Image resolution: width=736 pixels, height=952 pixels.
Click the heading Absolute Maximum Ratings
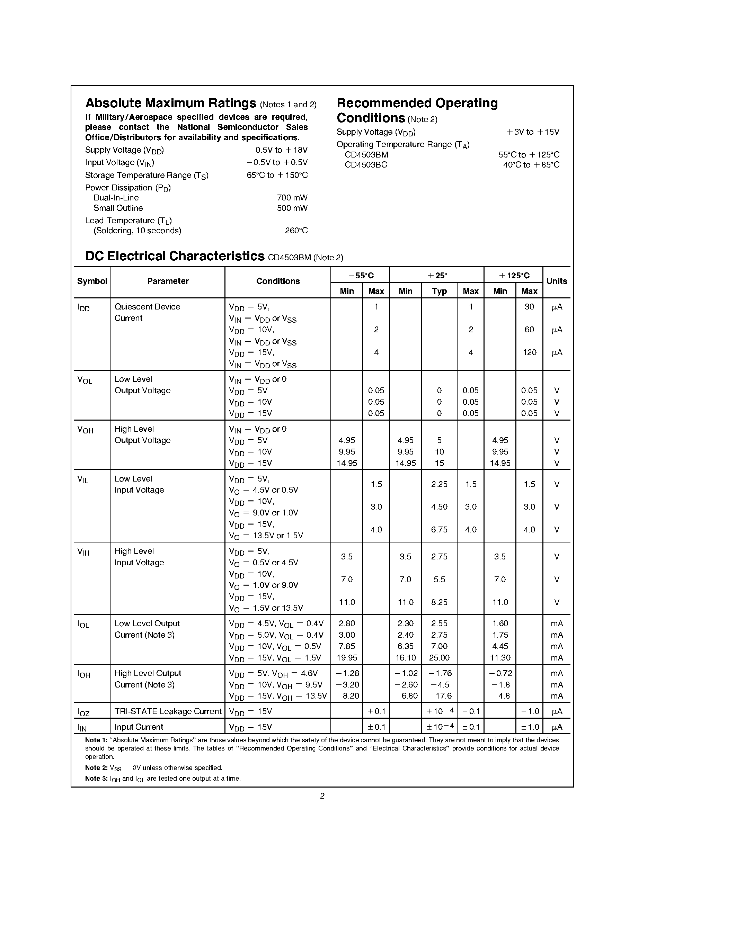[x=170, y=103]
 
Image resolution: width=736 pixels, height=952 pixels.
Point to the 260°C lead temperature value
[x=296, y=231]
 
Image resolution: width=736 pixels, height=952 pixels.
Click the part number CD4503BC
[x=365, y=165]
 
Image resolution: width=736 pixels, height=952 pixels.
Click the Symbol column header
[x=92, y=281]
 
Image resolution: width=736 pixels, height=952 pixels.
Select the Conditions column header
[x=278, y=281]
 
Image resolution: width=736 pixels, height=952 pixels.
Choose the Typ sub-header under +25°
[x=439, y=291]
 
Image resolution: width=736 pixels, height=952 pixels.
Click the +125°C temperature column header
[x=514, y=276]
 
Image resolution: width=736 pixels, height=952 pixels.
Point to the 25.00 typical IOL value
[x=439, y=658]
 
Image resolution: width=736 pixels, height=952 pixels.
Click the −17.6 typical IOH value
[x=440, y=696]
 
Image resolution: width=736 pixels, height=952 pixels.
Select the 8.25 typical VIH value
[x=439, y=602]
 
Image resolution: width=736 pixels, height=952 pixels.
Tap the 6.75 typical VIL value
[x=439, y=530]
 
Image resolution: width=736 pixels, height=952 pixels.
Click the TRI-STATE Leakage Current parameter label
[x=168, y=711]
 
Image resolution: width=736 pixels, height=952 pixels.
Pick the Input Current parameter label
[x=139, y=727]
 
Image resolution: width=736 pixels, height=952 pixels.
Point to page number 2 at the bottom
[x=322, y=796]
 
